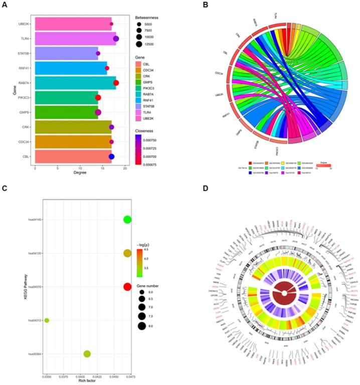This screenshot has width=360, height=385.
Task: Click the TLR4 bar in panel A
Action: pyautogui.click(x=75, y=39)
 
